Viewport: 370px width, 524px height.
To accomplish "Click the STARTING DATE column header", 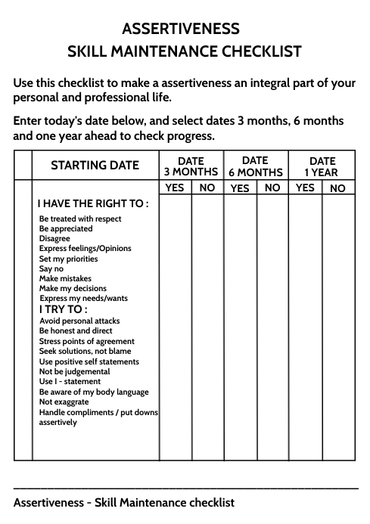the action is point(95,166).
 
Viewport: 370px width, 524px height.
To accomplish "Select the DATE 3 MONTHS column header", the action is point(191,166).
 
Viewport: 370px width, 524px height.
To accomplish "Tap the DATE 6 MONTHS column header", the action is point(256,166).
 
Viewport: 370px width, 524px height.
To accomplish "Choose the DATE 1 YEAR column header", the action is point(322,166).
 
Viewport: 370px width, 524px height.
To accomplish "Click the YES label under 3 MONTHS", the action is point(175,188).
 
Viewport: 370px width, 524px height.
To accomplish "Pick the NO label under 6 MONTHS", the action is point(273,188).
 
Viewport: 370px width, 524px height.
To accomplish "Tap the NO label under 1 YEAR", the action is point(337,188).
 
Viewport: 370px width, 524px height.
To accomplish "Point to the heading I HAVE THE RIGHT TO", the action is point(92,203).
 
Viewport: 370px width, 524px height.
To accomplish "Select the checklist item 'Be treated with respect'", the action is point(80,219).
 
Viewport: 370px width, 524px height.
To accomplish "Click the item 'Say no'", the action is point(51,268).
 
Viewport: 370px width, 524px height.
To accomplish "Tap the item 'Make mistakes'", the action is point(65,278).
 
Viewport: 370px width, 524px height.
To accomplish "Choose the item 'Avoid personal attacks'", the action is point(79,321).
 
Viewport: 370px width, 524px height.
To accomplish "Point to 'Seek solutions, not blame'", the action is point(85,351).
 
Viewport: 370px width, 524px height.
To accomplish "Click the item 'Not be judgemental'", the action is point(74,371).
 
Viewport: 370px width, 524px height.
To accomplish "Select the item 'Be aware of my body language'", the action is point(94,392).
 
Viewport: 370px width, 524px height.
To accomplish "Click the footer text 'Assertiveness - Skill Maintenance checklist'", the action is point(124,502).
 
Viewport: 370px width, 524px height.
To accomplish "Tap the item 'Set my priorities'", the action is point(68,259).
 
